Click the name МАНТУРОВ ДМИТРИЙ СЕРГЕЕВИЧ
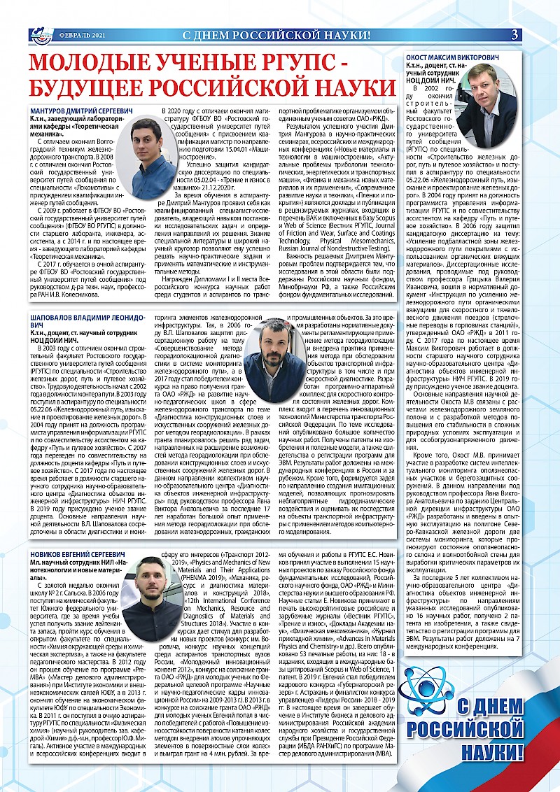(x=78, y=111)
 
